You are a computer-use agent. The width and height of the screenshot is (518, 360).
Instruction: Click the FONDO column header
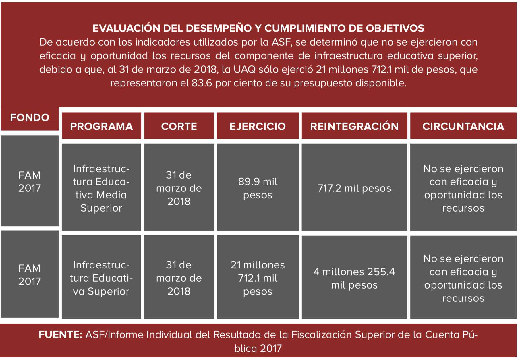[x=30, y=118]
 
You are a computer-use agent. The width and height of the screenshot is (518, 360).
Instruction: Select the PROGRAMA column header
[x=101, y=126]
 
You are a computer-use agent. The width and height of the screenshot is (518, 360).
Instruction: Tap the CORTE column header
[x=179, y=126]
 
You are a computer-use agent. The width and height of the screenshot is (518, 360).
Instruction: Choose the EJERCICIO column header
[x=258, y=126]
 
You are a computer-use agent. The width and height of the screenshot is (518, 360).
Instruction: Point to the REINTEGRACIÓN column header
[x=354, y=126]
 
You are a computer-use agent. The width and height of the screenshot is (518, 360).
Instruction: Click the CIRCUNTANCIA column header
[x=463, y=126]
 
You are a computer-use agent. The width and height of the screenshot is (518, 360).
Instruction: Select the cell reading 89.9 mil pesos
[x=258, y=188]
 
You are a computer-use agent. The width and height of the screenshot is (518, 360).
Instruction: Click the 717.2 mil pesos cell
[x=354, y=188]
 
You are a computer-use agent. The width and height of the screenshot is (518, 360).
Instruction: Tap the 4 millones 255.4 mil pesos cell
[x=354, y=278]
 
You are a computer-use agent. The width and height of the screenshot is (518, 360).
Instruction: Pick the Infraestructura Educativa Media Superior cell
[x=101, y=188]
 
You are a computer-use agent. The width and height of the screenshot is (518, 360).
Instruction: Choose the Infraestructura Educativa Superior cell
[x=101, y=278]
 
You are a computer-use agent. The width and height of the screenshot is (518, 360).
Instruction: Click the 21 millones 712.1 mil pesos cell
[x=258, y=278]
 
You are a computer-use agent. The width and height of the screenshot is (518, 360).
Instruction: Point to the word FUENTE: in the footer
[x=61, y=335]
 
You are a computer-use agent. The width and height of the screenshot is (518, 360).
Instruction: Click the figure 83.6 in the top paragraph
[x=202, y=83]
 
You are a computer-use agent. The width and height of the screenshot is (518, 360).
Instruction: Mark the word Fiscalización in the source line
[x=322, y=335]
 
